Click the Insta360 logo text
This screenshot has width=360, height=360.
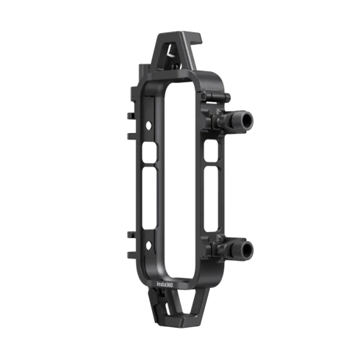[165, 284]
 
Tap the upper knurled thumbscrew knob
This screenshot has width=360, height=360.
[240, 121]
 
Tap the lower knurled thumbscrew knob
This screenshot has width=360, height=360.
[240, 251]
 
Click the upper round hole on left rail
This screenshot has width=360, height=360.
[148, 126]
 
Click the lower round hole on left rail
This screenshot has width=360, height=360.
[148, 245]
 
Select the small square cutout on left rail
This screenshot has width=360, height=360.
[149, 152]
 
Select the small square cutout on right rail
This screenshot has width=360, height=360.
[211, 151]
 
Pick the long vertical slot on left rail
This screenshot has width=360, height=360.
[149, 198]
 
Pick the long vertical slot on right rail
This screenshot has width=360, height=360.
[211, 198]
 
